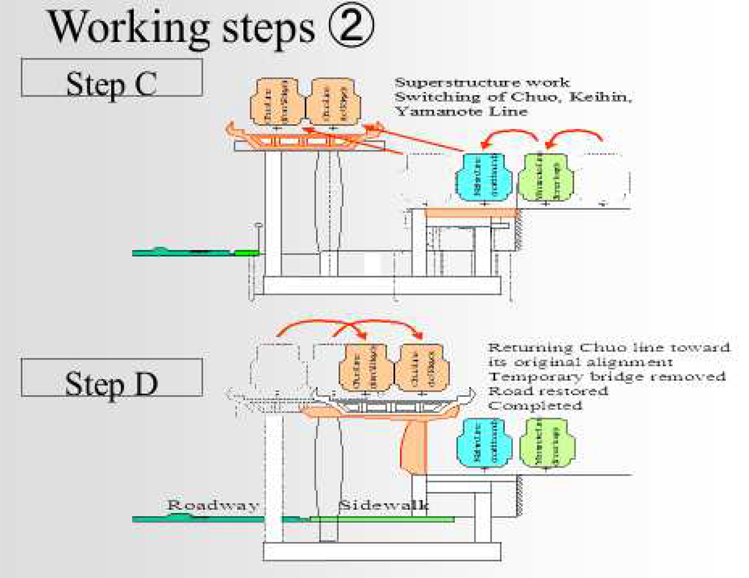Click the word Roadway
(x=212, y=505)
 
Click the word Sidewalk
(x=383, y=505)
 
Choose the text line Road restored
(x=547, y=391)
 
